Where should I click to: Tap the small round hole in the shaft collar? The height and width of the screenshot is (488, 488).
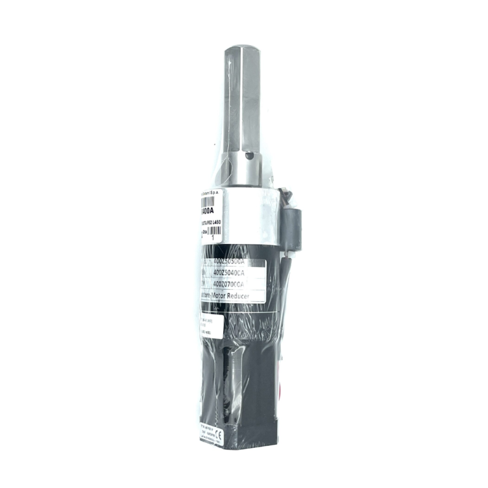[249, 156]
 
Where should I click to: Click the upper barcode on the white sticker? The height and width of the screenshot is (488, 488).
[210, 197]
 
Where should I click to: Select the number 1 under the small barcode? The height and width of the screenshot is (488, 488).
[212, 240]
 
